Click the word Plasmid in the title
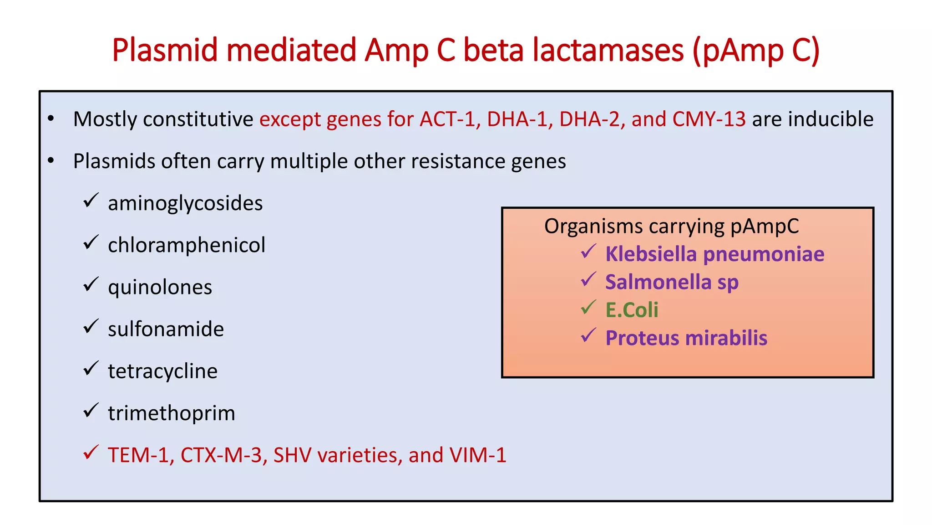click(x=165, y=50)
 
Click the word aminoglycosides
click(x=185, y=203)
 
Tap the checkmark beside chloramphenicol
click(x=91, y=242)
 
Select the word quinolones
click(x=160, y=287)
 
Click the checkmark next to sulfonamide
click(x=91, y=326)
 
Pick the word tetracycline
click(x=162, y=371)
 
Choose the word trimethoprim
click(x=172, y=413)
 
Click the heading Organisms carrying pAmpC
click(x=671, y=226)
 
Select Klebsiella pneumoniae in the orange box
click(x=714, y=254)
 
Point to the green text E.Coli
click(x=632, y=310)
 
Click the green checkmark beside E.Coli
click(x=588, y=308)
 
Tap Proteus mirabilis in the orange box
click(x=686, y=338)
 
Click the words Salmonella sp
click(x=672, y=282)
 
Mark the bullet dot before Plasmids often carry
click(x=51, y=160)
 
